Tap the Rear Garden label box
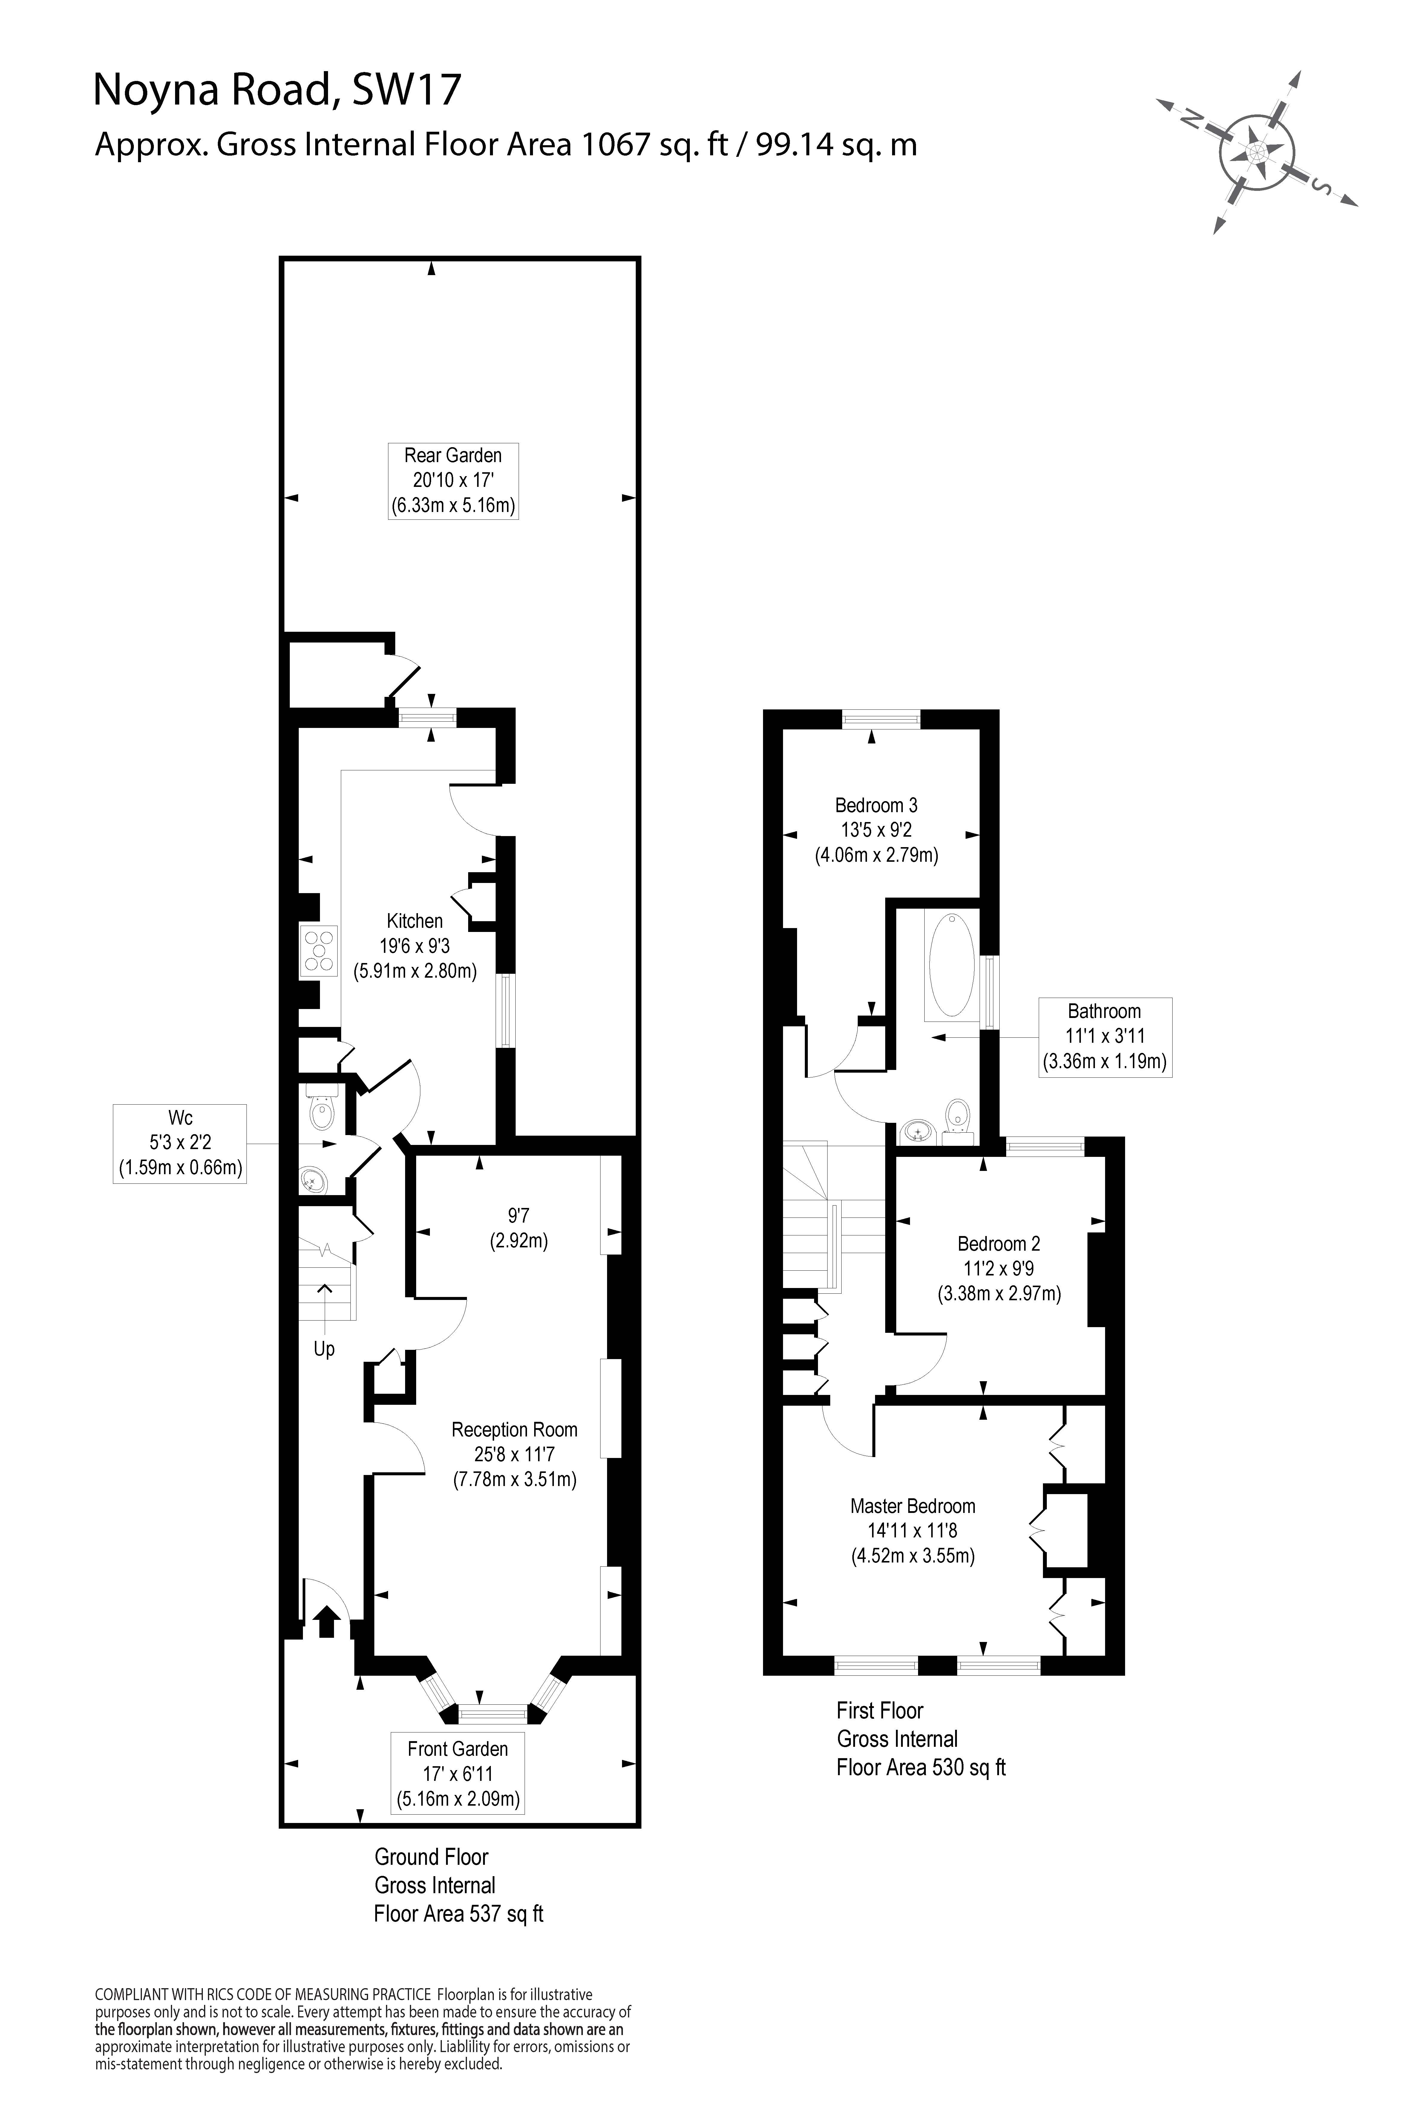[453, 480]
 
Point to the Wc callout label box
[180, 1143]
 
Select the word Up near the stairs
[324, 1350]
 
